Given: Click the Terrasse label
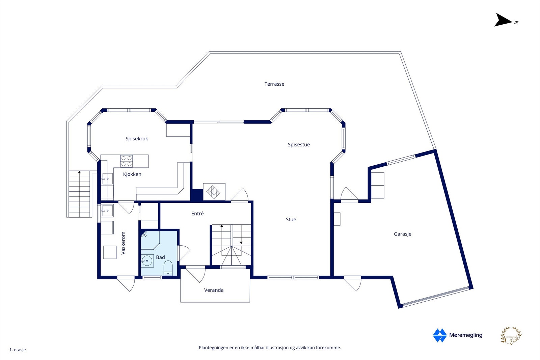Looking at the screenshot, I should click(x=274, y=84).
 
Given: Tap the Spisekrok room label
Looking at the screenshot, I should click(x=137, y=139).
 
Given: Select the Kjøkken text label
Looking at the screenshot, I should click(x=132, y=174).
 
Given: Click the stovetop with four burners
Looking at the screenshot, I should click(x=127, y=161).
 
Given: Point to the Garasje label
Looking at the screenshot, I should click(x=402, y=234).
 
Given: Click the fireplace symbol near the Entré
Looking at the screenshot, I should click(x=214, y=192).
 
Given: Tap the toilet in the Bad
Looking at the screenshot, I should click(x=168, y=268).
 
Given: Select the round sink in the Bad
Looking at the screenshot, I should click(x=147, y=260).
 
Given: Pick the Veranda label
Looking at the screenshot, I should click(x=214, y=290).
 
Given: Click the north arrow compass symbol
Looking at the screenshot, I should click(x=504, y=20).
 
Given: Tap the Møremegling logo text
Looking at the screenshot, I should click(x=465, y=335).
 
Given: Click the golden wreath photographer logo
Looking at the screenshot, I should click(x=511, y=336).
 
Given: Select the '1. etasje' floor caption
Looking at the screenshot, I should click(x=18, y=350).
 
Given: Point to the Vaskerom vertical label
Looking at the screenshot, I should click(x=123, y=243).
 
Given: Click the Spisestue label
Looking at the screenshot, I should click(x=299, y=145).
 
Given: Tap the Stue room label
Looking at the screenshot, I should click(x=291, y=220).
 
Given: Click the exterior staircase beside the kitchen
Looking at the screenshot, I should click(x=80, y=194).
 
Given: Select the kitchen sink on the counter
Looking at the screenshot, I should click(x=107, y=179).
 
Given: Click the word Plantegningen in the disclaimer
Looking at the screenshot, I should click(x=213, y=348).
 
